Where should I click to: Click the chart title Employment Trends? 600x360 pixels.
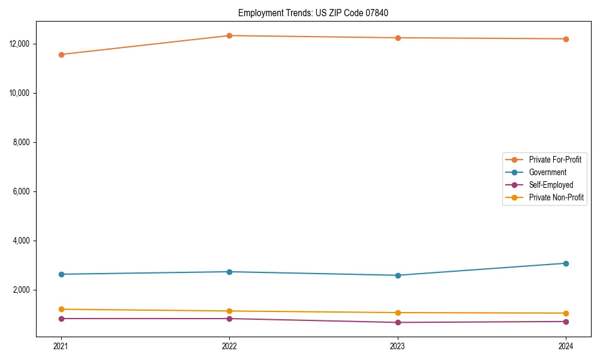pos(317,13)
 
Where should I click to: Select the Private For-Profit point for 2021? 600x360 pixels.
pos(61,55)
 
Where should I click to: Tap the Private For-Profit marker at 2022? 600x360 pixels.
pos(229,35)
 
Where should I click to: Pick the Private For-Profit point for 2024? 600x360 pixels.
pos(566,39)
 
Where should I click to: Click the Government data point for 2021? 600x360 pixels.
pos(61,274)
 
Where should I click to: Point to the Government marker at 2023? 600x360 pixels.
pos(398,275)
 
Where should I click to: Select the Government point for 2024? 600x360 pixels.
pos(566,263)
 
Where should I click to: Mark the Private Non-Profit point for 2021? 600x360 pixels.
pos(61,309)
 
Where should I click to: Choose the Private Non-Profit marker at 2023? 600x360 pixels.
pos(398,313)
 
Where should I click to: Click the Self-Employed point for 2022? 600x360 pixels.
pos(229,319)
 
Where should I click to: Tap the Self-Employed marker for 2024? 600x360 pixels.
pos(566,322)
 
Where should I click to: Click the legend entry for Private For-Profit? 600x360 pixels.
pos(555,160)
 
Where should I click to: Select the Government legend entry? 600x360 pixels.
pos(547,172)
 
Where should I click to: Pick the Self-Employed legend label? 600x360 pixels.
pos(551,185)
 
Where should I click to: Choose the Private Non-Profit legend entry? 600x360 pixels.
pos(556,197)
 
